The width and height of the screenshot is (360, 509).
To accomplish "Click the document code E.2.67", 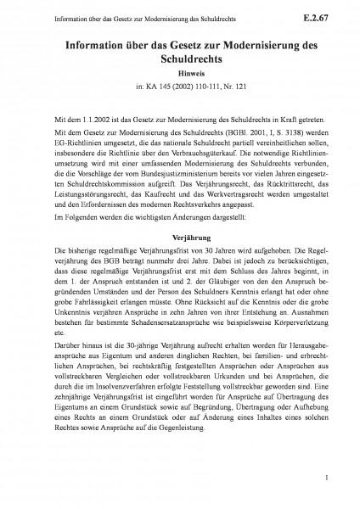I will click(x=325, y=15).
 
